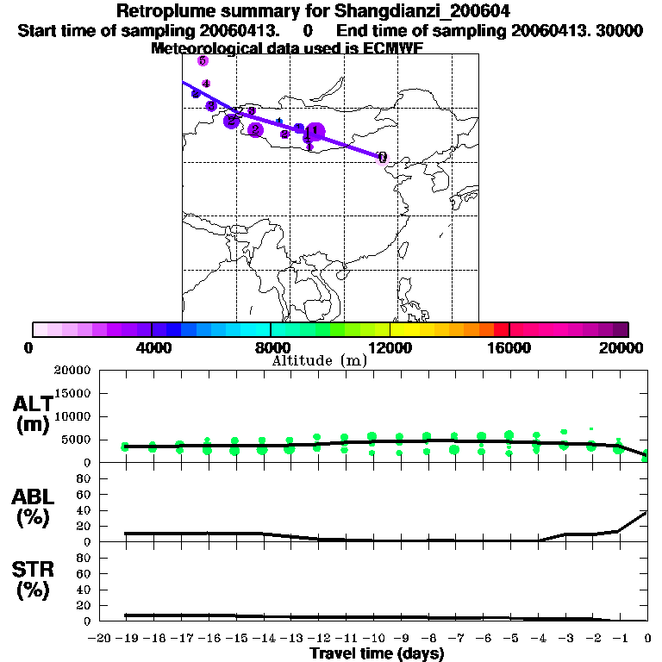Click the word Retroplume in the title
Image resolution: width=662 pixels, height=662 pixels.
(x=165, y=11)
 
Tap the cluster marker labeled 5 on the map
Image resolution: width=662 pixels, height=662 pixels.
(x=203, y=60)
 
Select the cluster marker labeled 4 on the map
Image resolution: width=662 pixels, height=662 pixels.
(x=206, y=84)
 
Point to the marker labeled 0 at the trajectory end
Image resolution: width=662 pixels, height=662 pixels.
(x=382, y=157)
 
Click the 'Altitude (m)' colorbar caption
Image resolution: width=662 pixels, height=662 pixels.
(x=319, y=360)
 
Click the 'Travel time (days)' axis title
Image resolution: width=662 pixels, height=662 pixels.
(x=377, y=653)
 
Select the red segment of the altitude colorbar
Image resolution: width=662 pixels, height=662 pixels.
(x=501, y=329)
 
